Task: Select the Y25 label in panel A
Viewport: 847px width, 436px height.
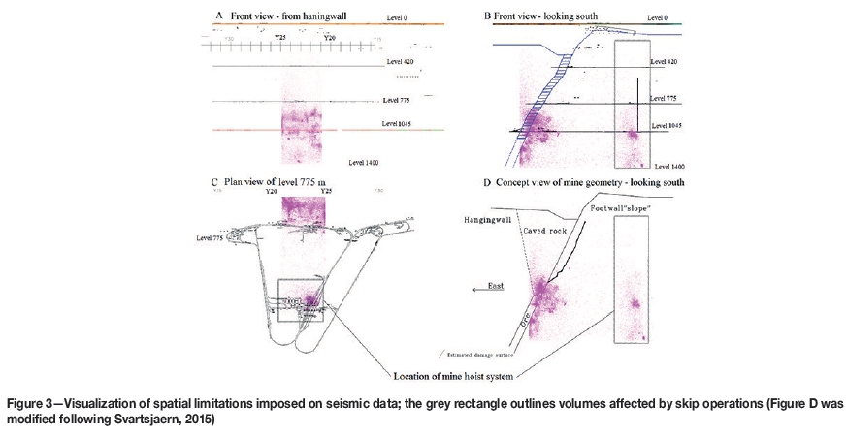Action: tap(280, 37)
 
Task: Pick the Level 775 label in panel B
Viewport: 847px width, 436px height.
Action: tap(665, 98)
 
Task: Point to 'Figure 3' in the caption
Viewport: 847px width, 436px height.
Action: tap(32, 402)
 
